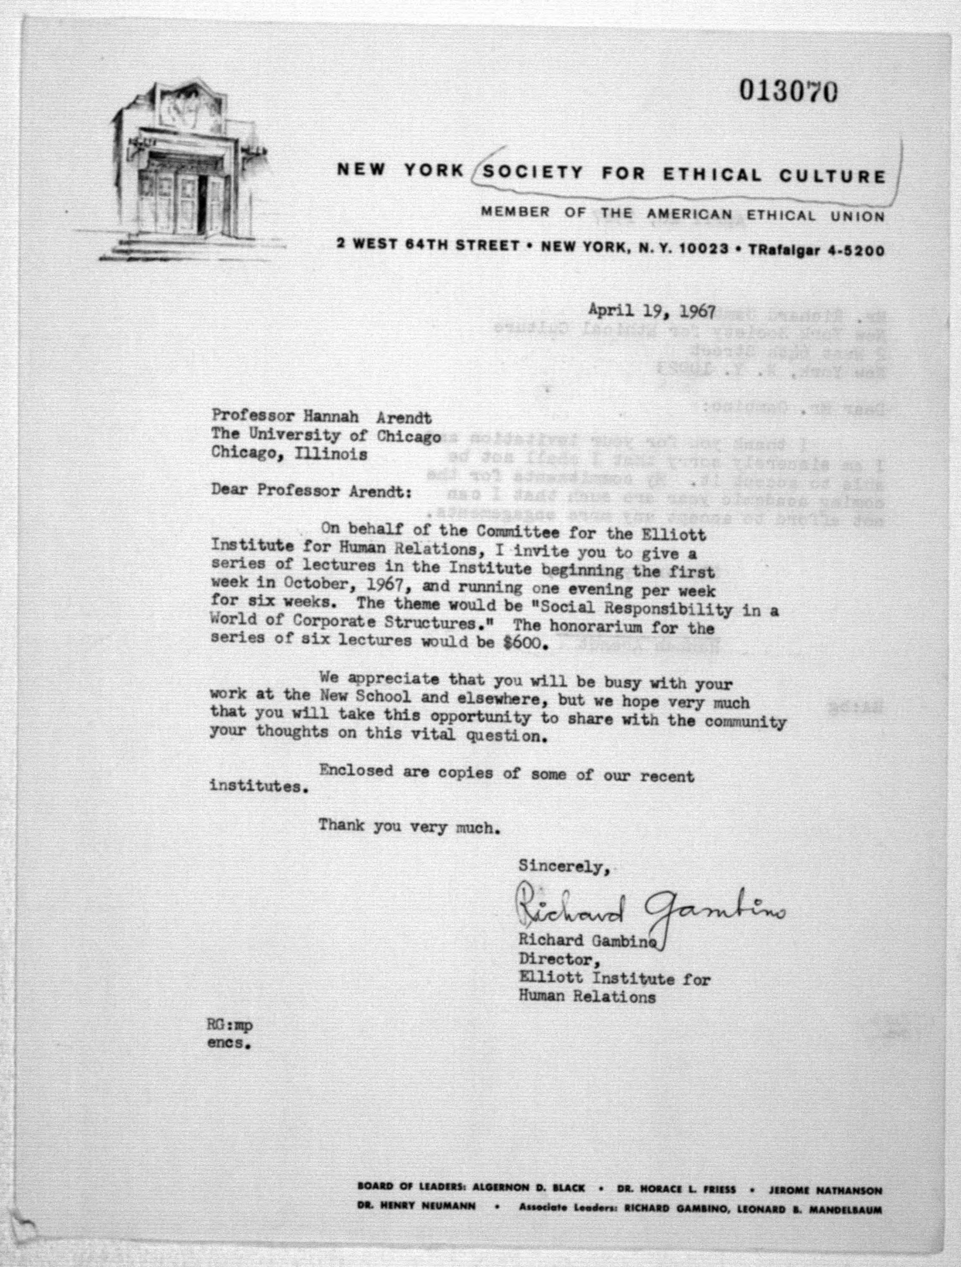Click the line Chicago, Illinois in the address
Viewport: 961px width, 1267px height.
(289, 454)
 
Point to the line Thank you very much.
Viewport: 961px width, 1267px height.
(406, 826)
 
